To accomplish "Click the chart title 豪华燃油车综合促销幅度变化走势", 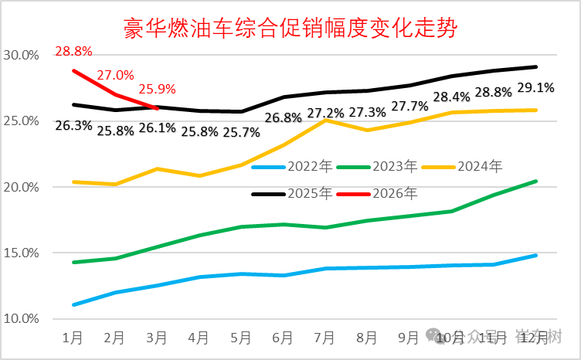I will [290, 29].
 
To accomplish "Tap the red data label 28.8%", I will [73, 53].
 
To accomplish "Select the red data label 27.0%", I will [116, 76].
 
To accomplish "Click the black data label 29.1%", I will [535, 87].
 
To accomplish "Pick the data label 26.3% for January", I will [74, 124].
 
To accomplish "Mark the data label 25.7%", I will [242, 131].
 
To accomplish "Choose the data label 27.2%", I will [325, 113].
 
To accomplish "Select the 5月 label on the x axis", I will [241, 338].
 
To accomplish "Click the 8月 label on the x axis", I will [367, 338].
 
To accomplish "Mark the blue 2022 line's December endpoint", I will [535, 255].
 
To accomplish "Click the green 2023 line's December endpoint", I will [535, 182].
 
